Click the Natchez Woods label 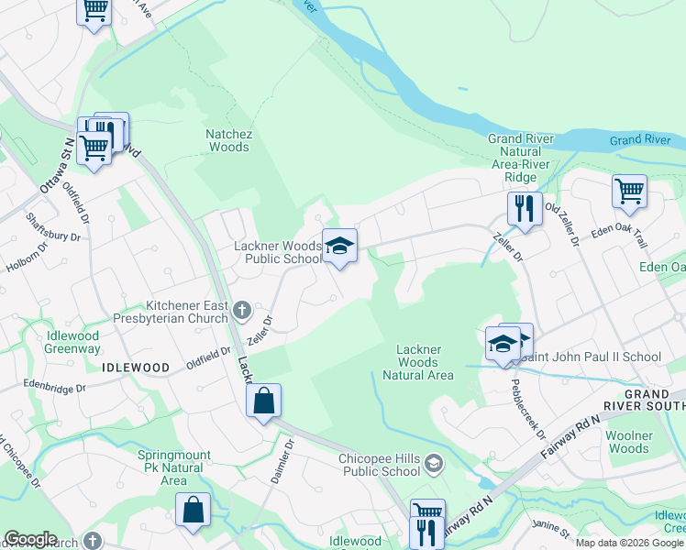coord(228,139)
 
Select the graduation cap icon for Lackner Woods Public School coord(339,246)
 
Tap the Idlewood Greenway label coord(72,342)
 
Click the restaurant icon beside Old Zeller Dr coord(524,208)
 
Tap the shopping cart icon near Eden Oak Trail coord(629,191)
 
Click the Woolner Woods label coord(629,442)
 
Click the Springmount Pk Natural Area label coord(174,467)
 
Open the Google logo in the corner coord(30,539)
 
